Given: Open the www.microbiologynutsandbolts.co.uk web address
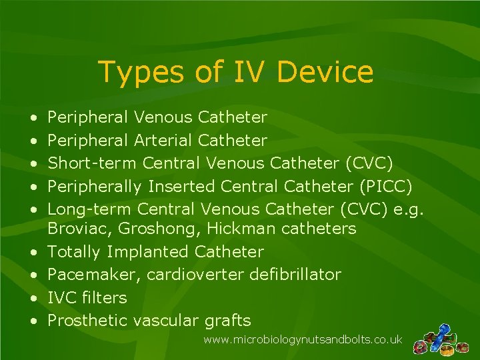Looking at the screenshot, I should pyautogui.click(x=303, y=340).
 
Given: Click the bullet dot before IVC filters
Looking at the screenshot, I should pyautogui.click(x=33, y=298).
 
